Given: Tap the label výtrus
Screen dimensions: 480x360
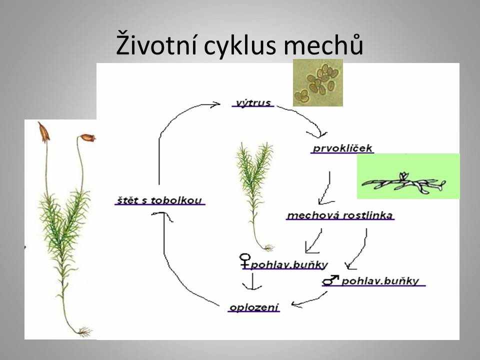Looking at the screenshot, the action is [253, 103].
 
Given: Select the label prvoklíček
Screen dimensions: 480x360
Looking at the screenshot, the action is [342, 148].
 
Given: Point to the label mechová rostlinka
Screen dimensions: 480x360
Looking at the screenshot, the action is [340, 215].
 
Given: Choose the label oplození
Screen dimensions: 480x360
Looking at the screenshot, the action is [254, 307].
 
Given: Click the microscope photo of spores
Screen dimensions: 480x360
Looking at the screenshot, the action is [318, 83].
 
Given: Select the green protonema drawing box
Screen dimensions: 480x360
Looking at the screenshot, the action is [408, 176].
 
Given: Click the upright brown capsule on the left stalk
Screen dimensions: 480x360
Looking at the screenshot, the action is [43, 132].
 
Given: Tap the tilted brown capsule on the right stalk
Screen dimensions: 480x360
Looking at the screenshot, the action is [87, 138].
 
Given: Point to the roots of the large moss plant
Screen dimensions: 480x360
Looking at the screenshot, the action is [84, 331].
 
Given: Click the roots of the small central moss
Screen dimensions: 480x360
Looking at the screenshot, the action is [268, 247].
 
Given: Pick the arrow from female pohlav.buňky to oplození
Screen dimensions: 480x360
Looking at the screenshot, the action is [252, 281].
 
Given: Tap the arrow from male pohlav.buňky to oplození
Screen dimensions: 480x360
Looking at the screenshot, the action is [309, 300].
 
